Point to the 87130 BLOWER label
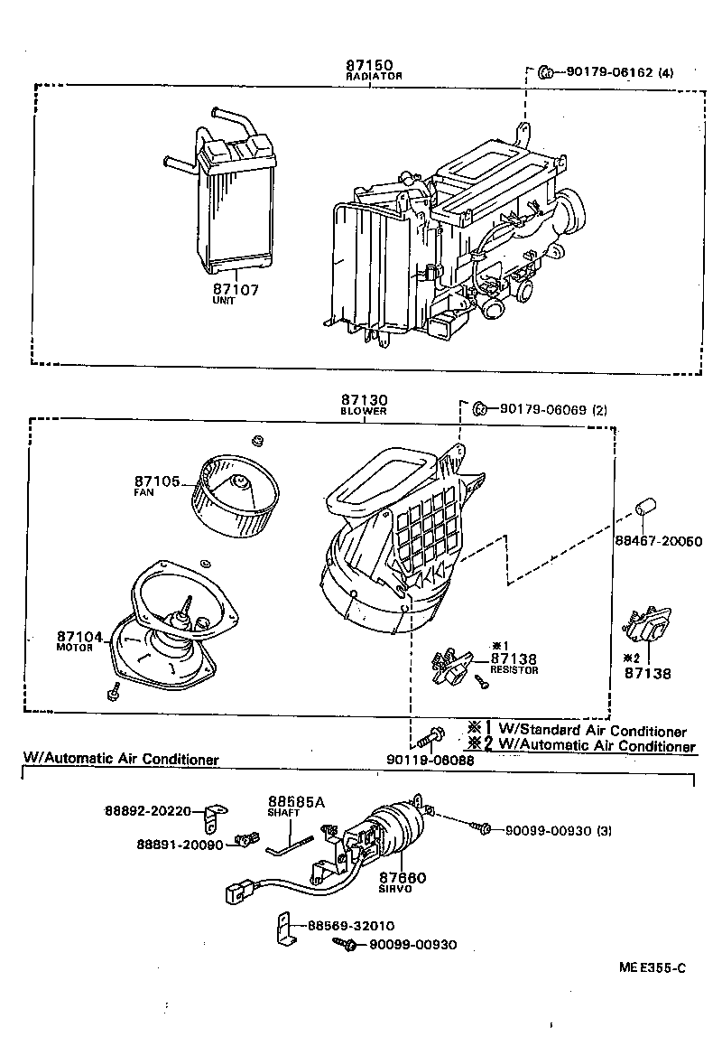(365, 403)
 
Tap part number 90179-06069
(540, 409)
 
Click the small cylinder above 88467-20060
(644, 508)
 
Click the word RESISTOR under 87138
(514, 671)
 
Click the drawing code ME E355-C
(652, 967)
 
